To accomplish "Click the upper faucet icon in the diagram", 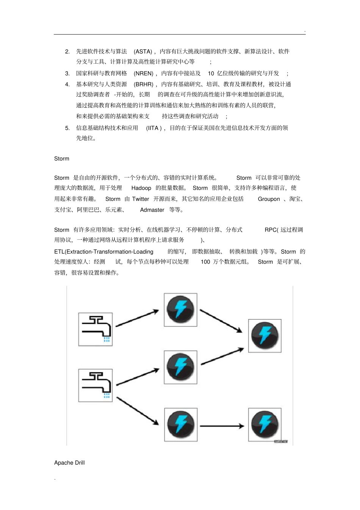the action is pyautogui.click(x=95, y=329).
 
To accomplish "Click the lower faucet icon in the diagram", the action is pyautogui.click(x=95, y=385).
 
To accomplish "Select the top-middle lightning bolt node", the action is pyautogui.click(x=180, y=309).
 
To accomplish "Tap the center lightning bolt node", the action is pyautogui.click(x=180, y=367).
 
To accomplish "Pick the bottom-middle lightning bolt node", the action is pyautogui.click(x=180, y=424).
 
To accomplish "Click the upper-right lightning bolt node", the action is pyautogui.click(x=265, y=336).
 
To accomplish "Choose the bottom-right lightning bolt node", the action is pyautogui.click(x=265, y=424).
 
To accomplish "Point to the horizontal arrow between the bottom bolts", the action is pyautogui.click(x=222, y=426).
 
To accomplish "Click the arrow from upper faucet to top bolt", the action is pyautogui.click(x=137, y=318).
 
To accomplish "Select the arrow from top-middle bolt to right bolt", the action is pyautogui.click(x=221, y=321).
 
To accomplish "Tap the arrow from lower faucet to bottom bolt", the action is pyautogui.click(x=137, y=411).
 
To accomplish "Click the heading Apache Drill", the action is pyautogui.click(x=69, y=463).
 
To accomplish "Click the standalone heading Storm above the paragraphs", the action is pyautogui.click(x=62, y=158).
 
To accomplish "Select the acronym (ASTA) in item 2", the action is pyautogui.click(x=143, y=52).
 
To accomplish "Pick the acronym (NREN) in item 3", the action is pyautogui.click(x=144, y=74).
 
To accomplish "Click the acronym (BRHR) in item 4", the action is pyautogui.click(x=144, y=85).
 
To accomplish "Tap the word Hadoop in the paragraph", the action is pyautogui.click(x=141, y=188).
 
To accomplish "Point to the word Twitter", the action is pyautogui.click(x=141, y=199).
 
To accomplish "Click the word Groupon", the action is pyautogui.click(x=269, y=199).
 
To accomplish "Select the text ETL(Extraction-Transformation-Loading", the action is pyautogui.click(x=104, y=252).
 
